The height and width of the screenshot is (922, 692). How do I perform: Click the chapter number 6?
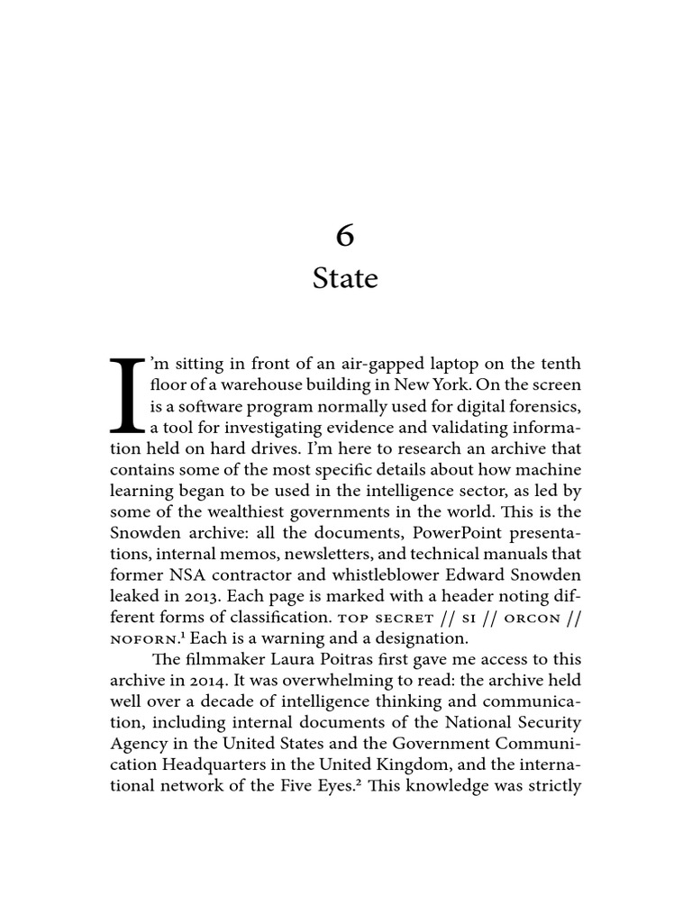point(345,235)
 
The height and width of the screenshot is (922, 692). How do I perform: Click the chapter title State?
point(345,278)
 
